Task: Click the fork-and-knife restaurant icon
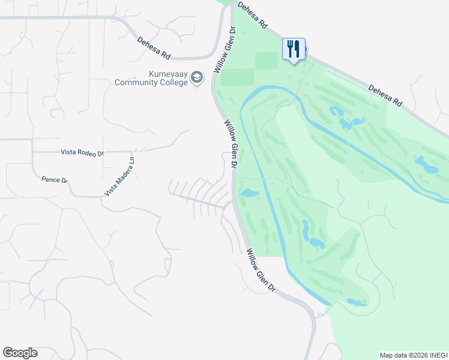(x=294, y=49)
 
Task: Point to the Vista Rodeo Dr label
(x=82, y=152)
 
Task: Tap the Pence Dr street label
(x=55, y=179)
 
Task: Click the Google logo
(x=20, y=353)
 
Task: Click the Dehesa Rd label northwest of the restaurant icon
(x=252, y=15)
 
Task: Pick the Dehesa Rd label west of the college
(x=154, y=49)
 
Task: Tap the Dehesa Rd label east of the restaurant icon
(x=385, y=95)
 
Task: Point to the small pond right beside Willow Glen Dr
(x=247, y=193)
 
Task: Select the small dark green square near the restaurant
(x=267, y=61)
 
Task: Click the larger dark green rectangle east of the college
(x=237, y=77)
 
